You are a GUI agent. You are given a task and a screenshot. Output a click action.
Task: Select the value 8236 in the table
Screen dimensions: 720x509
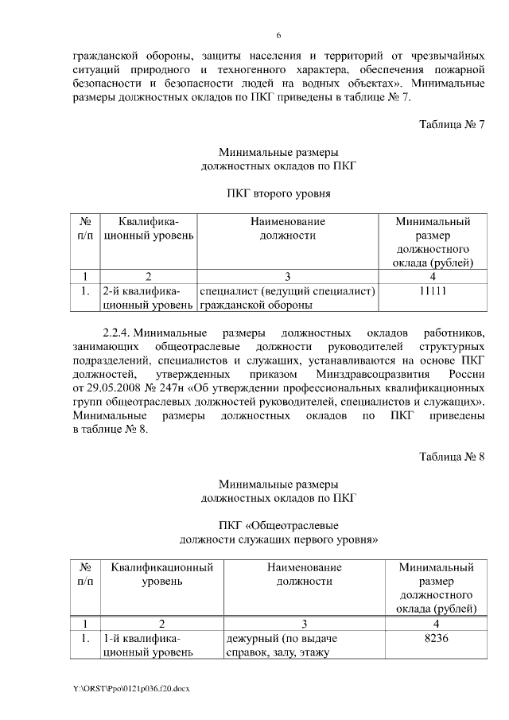(437, 639)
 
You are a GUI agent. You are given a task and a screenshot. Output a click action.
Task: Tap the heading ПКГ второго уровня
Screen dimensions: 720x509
(278, 193)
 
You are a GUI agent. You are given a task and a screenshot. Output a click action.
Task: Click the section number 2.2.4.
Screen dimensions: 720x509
(118, 330)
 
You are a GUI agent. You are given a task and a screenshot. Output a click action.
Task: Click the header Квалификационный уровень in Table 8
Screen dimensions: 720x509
(162, 574)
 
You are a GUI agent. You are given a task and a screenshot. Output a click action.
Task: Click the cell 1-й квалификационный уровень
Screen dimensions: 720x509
(147, 646)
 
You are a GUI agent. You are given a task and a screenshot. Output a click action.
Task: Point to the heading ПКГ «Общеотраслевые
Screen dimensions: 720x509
(278, 526)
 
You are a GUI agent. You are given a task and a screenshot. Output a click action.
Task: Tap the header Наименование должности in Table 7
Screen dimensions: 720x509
(287, 228)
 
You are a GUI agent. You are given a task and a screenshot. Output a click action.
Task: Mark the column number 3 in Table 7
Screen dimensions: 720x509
(287, 277)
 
